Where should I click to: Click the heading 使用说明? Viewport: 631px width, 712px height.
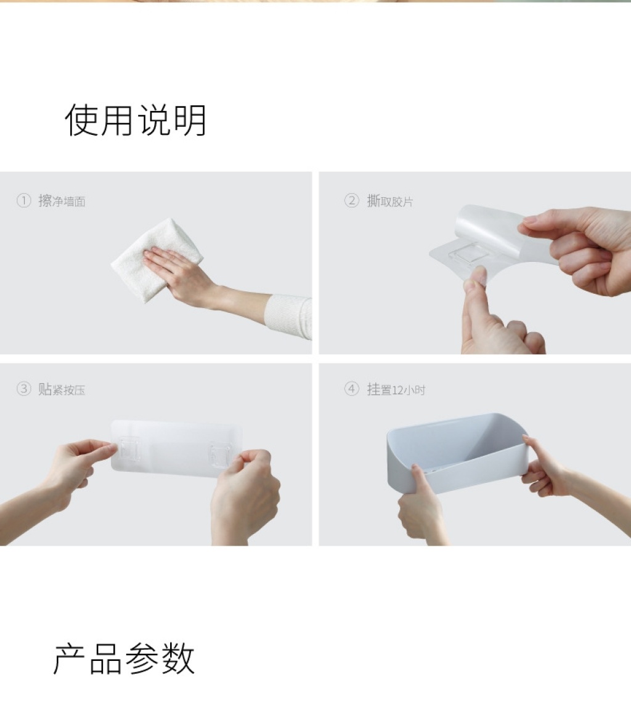click(x=136, y=120)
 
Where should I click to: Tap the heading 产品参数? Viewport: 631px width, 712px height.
click(x=124, y=658)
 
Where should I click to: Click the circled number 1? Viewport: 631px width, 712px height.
click(x=23, y=200)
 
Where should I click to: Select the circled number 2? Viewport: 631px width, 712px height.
click(x=352, y=200)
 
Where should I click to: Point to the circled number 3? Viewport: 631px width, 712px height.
click(x=23, y=389)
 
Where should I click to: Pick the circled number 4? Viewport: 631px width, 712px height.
click(x=352, y=389)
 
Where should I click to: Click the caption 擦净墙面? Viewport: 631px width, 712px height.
click(x=62, y=201)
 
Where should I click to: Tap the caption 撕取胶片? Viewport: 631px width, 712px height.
click(x=390, y=201)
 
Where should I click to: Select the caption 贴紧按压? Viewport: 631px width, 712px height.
click(x=62, y=389)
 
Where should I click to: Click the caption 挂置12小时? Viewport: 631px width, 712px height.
click(x=396, y=389)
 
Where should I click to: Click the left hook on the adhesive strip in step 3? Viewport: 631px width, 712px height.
click(x=129, y=448)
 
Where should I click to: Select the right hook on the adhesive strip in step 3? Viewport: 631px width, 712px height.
click(x=218, y=452)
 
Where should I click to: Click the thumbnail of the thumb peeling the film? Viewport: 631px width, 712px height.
click(x=474, y=277)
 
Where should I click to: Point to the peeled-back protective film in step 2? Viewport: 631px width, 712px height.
click(x=500, y=232)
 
